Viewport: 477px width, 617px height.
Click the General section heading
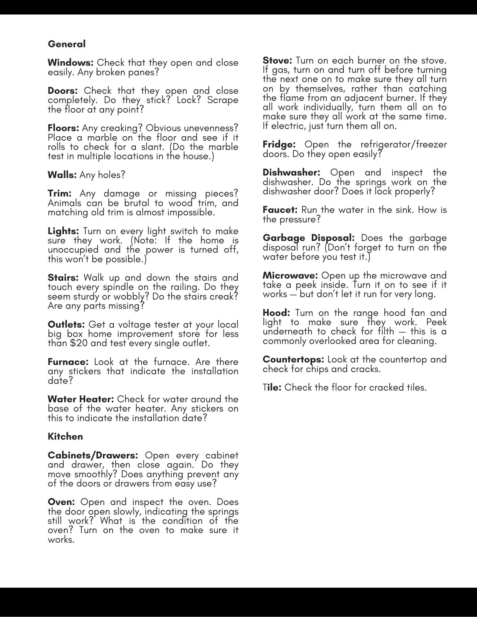pyautogui.click(x=67, y=44)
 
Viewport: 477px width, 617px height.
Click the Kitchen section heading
pyautogui.click(x=65, y=437)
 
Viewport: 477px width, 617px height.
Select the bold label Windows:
pyautogui.click(x=71, y=63)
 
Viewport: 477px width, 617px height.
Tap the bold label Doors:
pyautogui.click(x=63, y=91)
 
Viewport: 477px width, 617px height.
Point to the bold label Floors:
pyautogui.click(x=64, y=128)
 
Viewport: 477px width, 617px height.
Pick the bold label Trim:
pyautogui.click(x=60, y=194)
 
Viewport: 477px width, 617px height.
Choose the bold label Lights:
pyautogui.click(x=64, y=231)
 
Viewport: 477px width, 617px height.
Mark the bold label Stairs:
pyautogui.click(x=63, y=278)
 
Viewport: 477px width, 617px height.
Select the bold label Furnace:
pyautogui.click(x=68, y=362)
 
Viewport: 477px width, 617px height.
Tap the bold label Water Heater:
pyautogui.click(x=81, y=399)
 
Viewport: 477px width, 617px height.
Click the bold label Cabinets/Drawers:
pyautogui.click(x=93, y=455)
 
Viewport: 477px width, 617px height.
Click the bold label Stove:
pyautogui.click(x=277, y=60)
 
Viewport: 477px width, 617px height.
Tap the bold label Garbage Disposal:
pyautogui.click(x=309, y=238)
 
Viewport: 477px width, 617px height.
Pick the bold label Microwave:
pyautogui.click(x=290, y=275)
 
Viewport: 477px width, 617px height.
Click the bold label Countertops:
pyautogui.click(x=293, y=360)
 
